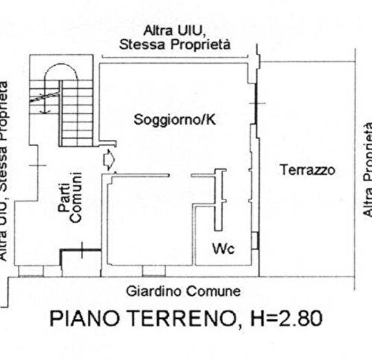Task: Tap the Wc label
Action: point(222,248)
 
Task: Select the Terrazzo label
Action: point(307,171)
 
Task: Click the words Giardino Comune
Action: point(183,291)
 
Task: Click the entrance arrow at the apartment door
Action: point(108,160)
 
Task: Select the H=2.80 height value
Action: point(282,320)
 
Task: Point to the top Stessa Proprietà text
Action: point(174,45)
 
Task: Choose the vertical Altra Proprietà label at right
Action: point(367,169)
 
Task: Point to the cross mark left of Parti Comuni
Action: point(38,165)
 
